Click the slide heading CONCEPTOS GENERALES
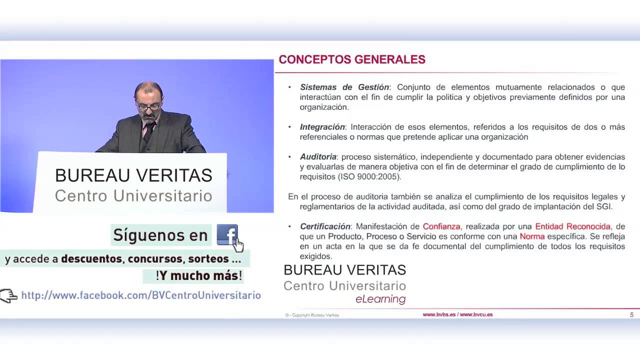coord(352,59)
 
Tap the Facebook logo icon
coord(226,234)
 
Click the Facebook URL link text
coord(141,295)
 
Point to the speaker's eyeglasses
coord(148,106)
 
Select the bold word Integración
coord(322,127)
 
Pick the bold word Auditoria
coord(318,157)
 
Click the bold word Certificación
coord(325,226)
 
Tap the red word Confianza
coord(441,226)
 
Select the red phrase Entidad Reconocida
coord(572,226)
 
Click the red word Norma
coord(532,236)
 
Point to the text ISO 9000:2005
coord(369,177)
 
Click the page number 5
coord(631,315)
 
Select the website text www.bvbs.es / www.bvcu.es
coord(457,314)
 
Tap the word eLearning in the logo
coord(380,299)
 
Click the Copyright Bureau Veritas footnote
coord(312,315)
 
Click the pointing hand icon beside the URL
coord(9,296)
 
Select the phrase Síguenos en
coord(160,235)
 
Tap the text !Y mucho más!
coord(198,275)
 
